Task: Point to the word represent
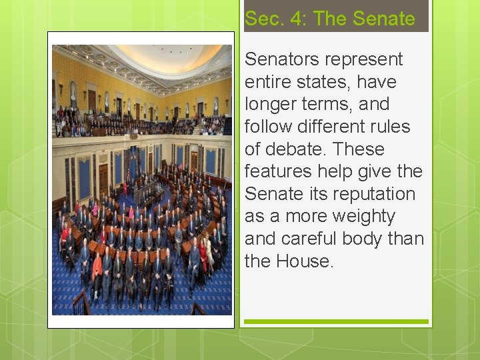tap(363, 59)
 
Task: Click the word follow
tap(265, 127)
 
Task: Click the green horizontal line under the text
tap(336, 322)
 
